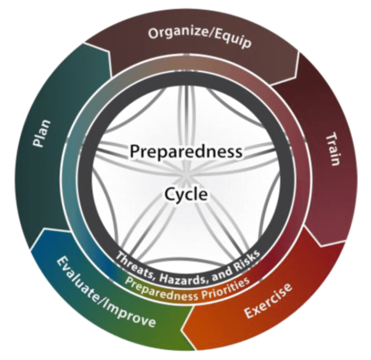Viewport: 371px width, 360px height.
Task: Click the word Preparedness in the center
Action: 185,152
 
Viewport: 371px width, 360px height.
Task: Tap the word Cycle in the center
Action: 185,194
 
